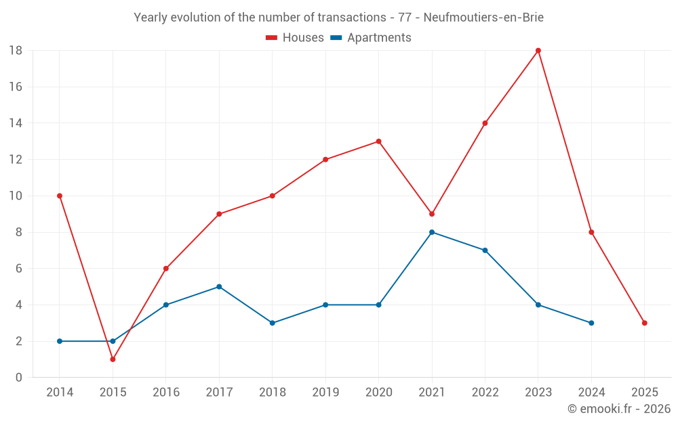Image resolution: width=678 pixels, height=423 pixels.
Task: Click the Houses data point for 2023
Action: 538,51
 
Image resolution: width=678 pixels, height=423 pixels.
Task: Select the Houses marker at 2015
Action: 113,359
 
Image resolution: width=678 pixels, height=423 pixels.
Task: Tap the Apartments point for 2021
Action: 432,232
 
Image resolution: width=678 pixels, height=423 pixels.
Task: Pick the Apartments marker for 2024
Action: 591,323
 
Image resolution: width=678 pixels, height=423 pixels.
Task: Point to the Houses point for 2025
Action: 645,323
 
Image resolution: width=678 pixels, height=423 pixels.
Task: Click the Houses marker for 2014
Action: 60,196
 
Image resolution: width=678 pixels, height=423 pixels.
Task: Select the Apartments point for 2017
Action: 219,287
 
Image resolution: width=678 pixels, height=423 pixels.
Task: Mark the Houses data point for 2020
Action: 378,141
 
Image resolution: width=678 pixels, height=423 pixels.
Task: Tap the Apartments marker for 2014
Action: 60,341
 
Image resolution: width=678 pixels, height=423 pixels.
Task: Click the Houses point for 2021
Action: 432,214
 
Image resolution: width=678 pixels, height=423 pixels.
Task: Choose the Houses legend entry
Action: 295,38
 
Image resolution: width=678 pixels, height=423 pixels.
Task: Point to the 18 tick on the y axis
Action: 16,51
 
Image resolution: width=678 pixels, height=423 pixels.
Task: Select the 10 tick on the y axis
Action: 16,196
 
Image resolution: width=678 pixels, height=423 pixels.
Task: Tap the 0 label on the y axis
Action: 19,378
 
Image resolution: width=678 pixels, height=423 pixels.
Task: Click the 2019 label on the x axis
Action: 325,393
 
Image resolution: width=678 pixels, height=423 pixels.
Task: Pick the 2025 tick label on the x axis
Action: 645,393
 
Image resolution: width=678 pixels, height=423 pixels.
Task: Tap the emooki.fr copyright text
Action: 619,409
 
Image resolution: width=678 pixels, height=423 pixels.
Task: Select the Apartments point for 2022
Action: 485,250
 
